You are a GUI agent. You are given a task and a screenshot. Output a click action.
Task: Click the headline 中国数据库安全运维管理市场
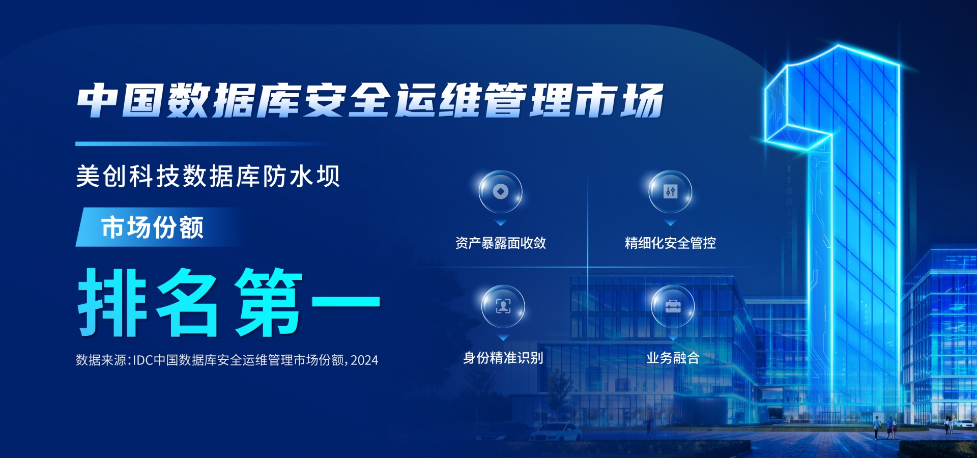point(370,100)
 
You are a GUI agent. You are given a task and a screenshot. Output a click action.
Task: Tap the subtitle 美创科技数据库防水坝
point(208,177)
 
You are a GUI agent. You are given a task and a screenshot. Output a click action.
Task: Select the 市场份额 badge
point(153,227)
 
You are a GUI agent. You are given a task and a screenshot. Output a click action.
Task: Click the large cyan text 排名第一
point(229,302)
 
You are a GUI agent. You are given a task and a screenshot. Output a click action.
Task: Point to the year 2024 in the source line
point(364,360)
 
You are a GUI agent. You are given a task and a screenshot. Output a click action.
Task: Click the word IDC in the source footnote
point(143,360)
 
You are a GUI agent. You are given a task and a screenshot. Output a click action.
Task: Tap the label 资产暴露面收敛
point(501,243)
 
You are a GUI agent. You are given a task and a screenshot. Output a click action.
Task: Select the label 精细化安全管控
point(670,243)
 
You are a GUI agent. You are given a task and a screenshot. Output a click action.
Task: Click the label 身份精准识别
point(503,358)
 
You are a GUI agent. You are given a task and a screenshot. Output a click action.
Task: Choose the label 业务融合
point(673,358)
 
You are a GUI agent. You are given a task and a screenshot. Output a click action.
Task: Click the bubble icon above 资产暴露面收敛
point(501,192)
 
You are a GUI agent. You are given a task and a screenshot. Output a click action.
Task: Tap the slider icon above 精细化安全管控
point(670,192)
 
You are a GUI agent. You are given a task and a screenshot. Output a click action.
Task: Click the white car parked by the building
point(556,433)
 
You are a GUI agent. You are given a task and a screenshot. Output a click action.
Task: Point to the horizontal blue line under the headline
point(204,144)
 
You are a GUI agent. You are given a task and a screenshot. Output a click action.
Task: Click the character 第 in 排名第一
point(269,302)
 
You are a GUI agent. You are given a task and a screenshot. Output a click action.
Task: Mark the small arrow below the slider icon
point(670,223)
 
